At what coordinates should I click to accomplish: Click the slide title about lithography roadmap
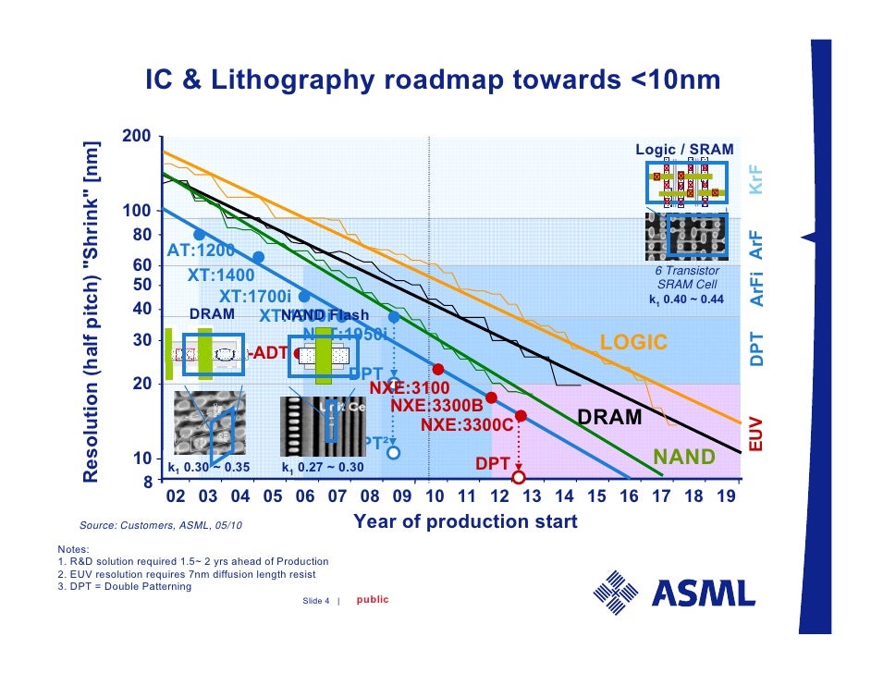point(432,81)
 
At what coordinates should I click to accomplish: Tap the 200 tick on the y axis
point(136,137)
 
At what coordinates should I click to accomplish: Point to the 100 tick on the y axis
point(136,212)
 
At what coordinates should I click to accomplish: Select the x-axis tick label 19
point(727,496)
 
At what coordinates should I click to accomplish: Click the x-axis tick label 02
point(176,496)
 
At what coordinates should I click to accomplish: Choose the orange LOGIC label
point(633,343)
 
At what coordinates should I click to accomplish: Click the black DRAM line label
point(610,418)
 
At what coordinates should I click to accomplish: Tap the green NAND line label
point(684,457)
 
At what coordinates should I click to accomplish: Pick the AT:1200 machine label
point(201,251)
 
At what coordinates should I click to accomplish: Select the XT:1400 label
point(221,275)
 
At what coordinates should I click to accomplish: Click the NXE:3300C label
point(466,424)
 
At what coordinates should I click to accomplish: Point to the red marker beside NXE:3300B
point(492,398)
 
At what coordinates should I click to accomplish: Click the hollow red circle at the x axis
point(519,477)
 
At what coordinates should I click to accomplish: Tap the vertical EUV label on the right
point(755,433)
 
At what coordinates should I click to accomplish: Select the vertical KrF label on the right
point(755,179)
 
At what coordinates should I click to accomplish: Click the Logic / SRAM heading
point(684,150)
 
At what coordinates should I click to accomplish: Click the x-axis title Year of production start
point(465,522)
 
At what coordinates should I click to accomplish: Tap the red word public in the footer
point(373,600)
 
